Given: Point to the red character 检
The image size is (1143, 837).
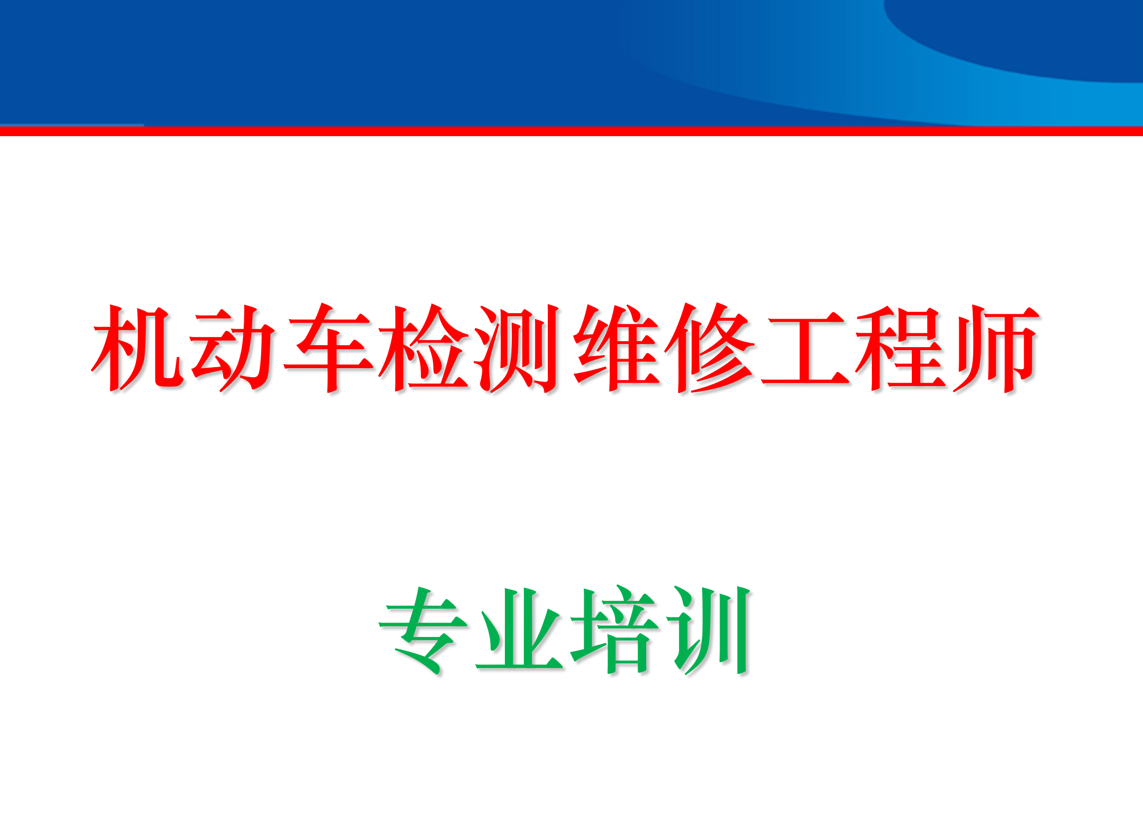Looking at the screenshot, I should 424,349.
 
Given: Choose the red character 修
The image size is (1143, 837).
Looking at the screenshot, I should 710,349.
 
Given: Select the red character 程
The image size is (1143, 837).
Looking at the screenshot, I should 901,349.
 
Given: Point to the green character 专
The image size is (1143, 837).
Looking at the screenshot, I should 423,631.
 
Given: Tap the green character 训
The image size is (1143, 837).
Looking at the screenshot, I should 710,631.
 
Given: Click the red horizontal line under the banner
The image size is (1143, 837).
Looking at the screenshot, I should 571,131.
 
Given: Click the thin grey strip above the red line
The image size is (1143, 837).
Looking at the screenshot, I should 71,125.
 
